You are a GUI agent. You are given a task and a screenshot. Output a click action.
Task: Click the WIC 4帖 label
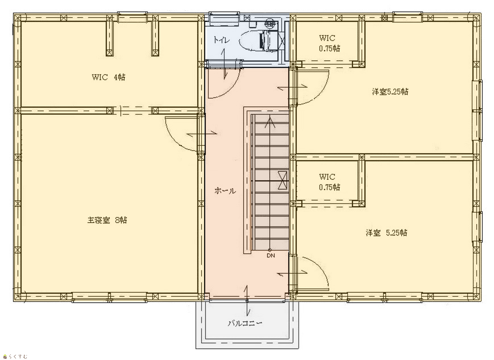click(x=108, y=77)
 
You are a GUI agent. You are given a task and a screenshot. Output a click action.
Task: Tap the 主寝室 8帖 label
click(x=107, y=220)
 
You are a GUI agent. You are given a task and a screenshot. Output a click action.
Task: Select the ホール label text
click(x=225, y=191)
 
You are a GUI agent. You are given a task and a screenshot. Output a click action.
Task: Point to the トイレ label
click(x=222, y=40)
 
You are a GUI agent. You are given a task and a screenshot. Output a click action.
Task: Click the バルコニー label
click(x=245, y=324)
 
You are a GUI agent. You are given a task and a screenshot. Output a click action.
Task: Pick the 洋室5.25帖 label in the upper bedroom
click(x=390, y=91)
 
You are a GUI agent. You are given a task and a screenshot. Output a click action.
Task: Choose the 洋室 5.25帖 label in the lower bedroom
click(x=386, y=232)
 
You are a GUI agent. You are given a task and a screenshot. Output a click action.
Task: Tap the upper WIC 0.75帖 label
click(x=330, y=43)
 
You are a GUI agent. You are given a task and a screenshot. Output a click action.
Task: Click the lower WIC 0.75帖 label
click(x=330, y=182)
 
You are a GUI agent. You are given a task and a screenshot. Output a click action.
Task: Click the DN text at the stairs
click(x=271, y=256)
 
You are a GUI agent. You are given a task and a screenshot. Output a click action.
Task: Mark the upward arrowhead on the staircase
click(x=270, y=123)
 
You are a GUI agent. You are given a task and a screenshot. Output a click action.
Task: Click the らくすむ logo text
click(x=18, y=356)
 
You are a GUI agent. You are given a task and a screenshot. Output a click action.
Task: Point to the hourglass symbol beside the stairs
click(x=282, y=180)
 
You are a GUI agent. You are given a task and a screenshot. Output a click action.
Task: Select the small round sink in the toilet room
click(x=269, y=23)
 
